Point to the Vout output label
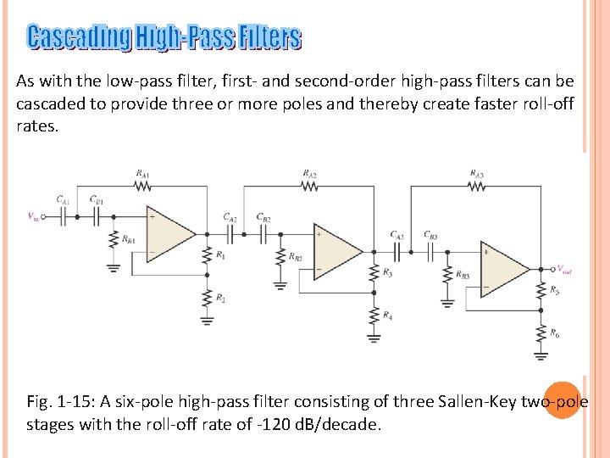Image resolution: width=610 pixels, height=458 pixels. click(x=563, y=270)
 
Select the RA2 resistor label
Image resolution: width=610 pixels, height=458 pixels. click(x=310, y=174)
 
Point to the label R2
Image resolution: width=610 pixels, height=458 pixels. click(x=220, y=298)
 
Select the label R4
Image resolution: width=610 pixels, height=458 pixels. click(x=387, y=316)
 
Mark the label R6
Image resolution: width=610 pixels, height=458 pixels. click(x=555, y=333)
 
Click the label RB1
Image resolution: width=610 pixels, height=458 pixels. click(x=129, y=240)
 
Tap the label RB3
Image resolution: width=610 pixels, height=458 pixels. click(x=463, y=275)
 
